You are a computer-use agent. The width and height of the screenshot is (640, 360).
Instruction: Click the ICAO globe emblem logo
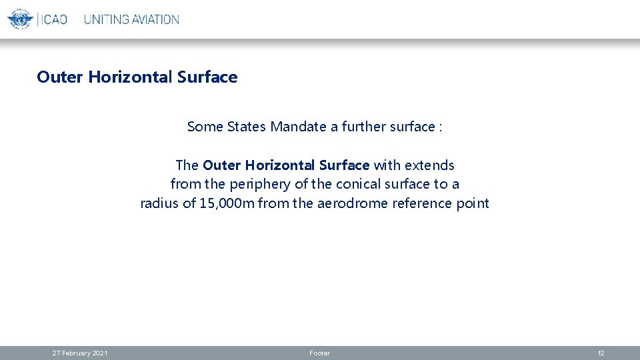[20, 19]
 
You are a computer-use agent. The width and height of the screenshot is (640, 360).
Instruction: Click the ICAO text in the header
[53, 19]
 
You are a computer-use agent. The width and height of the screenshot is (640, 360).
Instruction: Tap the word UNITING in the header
[106, 19]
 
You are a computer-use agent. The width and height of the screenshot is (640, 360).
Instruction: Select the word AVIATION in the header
[155, 19]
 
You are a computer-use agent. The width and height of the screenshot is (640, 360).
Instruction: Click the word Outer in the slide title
[60, 77]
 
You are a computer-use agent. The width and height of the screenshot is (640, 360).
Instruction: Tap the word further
[363, 127]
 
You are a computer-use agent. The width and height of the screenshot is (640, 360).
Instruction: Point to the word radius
[160, 203]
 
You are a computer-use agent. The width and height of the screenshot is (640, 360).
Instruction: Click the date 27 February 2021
[80, 353]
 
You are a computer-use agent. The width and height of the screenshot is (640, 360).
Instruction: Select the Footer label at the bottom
[320, 353]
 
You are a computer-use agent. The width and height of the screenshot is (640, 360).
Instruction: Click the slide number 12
[601, 353]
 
